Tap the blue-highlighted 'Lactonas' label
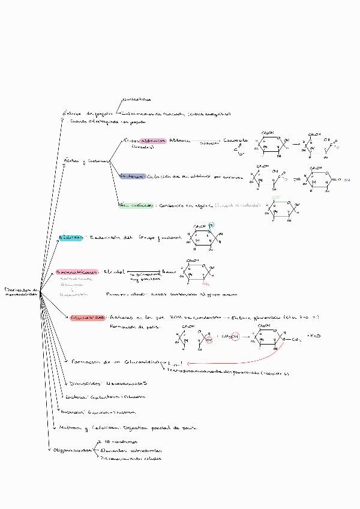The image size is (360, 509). pyautogui.click(x=131, y=176)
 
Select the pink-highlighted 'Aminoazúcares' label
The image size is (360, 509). pyautogui.click(x=78, y=271)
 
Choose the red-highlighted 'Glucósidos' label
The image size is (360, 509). pyautogui.click(x=88, y=316)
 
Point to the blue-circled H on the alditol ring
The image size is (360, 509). pyautogui.click(x=219, y=226)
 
